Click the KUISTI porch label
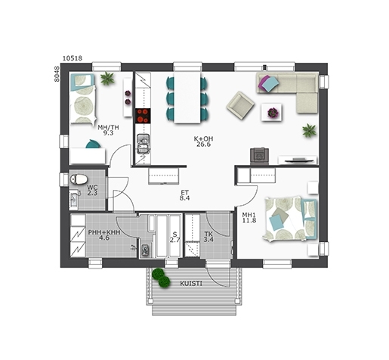coord(191,284)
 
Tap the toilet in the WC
coord(79,179)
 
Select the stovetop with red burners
coord(143,116)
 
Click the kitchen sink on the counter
coord(144,144)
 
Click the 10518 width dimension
coord(73,58)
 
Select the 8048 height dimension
coord(57,74)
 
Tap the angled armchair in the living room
coord(240,105)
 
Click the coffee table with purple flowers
coord(271,112)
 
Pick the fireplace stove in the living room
coord(259,156)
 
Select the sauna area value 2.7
coord(174,240)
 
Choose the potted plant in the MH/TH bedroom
coord(107,78)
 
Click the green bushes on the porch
coord(161,278)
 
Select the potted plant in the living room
coord(309,131)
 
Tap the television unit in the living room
coord(298,160)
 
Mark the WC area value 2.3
coord(92,194)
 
